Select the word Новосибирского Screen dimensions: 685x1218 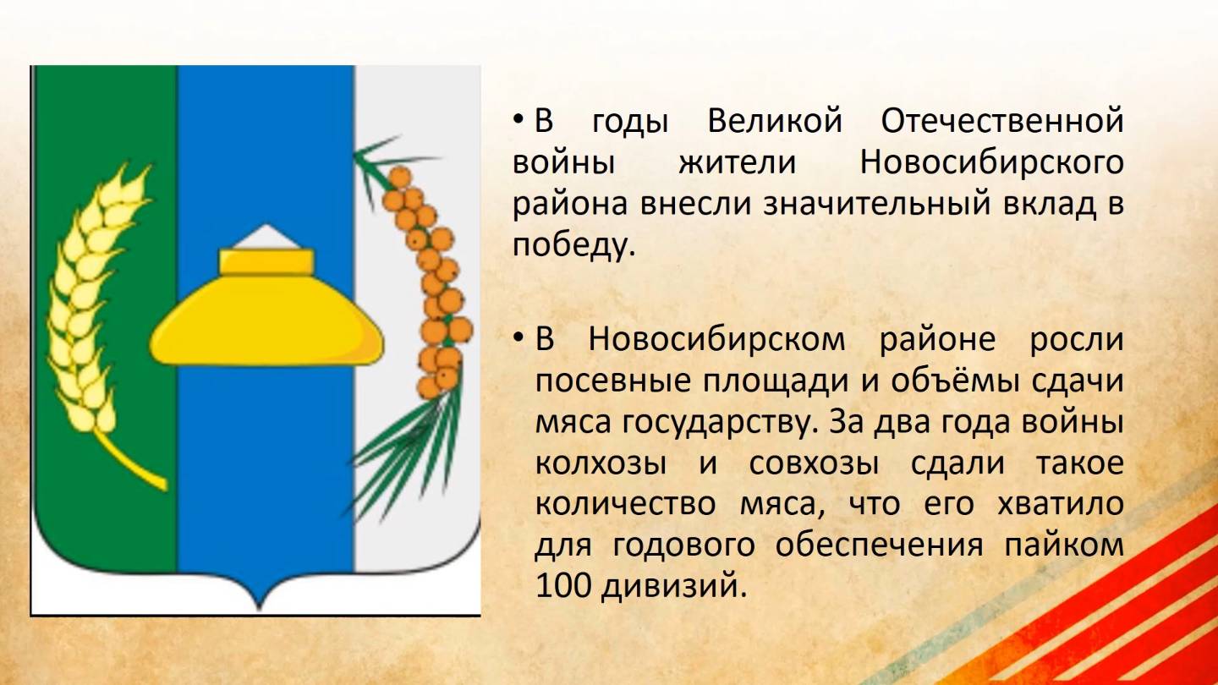pos(991,163)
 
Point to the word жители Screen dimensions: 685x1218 pos(737,163)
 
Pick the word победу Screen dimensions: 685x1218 pos(573,246)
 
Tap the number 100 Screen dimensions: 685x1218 pos(562,586)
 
